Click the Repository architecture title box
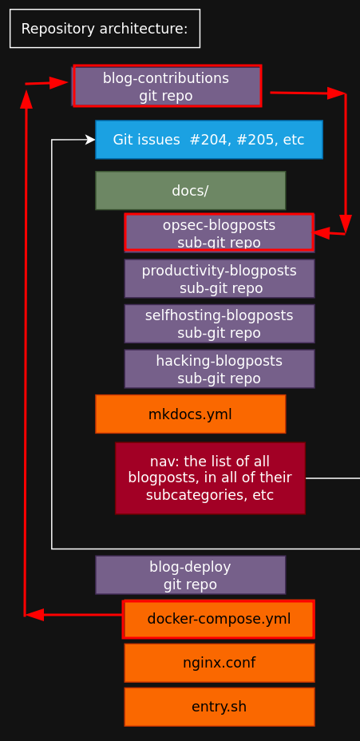click(105, 29)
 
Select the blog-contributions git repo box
click(167, 86)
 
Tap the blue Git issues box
click(209, 140)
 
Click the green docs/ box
click(191, 191)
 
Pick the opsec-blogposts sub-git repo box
click(220, 233)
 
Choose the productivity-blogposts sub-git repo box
click(220, 279)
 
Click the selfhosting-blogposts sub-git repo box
click(220, 323)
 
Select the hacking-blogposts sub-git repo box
click(220, 369)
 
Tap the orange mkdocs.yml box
click(191, 414)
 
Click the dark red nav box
click(210, 478)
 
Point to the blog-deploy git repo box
click(191, 575)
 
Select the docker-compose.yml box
click(219, 619)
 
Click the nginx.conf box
click(220, 663)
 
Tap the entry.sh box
click(220, 707)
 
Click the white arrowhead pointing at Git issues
click(90, 140)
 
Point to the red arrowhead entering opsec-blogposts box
click(320, 233)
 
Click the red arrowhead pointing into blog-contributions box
click(60, 83)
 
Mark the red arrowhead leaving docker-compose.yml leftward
click(34, 615)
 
